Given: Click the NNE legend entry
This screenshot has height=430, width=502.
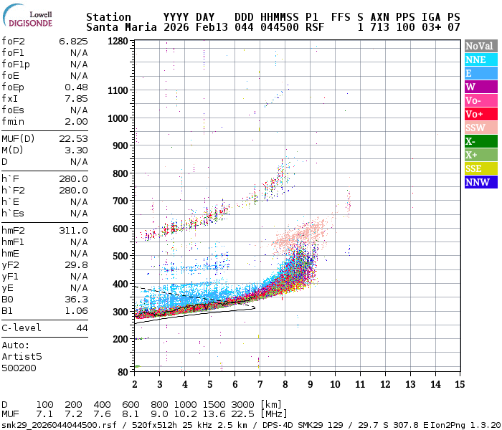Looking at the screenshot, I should tap(478, 59).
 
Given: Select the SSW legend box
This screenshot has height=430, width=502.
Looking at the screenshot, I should tap(478, 128).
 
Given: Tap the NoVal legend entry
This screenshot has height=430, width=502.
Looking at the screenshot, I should tap(478, 46).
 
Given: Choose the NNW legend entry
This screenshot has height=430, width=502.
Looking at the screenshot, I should tap(478, 182).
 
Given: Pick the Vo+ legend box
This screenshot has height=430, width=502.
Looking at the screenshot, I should tap(478, 114).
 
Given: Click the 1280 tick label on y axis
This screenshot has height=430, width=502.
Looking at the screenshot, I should tap(118, 42).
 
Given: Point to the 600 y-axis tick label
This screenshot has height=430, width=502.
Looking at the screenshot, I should tap(120, 229).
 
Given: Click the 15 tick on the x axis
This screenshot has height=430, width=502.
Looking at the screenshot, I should tap(460, 384).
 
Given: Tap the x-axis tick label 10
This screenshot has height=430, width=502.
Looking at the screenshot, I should tap(335, 384).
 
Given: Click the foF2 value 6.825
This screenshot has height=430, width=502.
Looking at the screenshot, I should tap(73, 42).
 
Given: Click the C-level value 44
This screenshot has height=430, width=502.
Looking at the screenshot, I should tap(82, 328).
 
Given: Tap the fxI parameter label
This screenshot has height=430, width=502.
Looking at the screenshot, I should tap(9, 98).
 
